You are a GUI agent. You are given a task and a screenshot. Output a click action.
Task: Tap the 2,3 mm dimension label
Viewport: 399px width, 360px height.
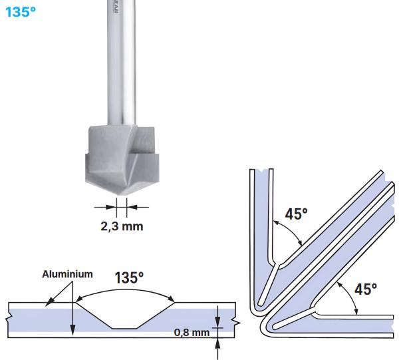[122, 226]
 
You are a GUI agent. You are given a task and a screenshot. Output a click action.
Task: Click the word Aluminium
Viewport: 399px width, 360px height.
[67, 273]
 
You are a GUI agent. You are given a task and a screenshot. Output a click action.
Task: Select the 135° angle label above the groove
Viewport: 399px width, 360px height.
[129, 278]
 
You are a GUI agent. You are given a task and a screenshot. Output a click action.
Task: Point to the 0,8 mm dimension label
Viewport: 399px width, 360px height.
[192, 333]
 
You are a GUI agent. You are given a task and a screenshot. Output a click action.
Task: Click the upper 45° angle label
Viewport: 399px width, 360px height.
[296, 215]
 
